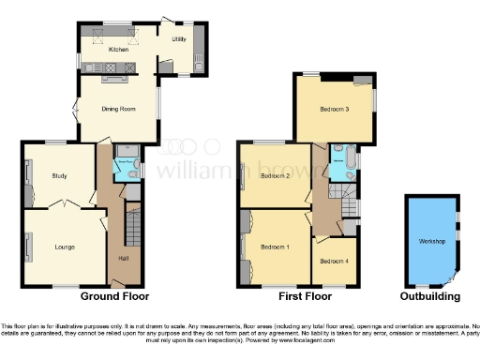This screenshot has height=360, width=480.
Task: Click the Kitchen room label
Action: (118, 49)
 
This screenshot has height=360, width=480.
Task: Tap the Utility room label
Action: (178, 39)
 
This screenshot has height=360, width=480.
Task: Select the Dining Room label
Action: (118, 109)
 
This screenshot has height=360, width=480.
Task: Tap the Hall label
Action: (123, 258)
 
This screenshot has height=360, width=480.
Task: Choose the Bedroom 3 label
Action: (334, 110)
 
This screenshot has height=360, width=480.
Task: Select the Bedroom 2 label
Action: (275, 175)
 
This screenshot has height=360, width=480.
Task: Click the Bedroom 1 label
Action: (275, 246)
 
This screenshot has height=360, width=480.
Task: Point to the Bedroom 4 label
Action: (330, 261)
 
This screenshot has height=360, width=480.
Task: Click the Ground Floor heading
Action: (114, 296)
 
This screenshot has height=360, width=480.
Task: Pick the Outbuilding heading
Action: (430, 296)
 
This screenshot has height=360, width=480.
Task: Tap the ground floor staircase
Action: (130, 225)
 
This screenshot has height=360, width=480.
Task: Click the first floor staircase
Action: (349, 203)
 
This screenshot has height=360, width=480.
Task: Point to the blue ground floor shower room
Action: (126, 165)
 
